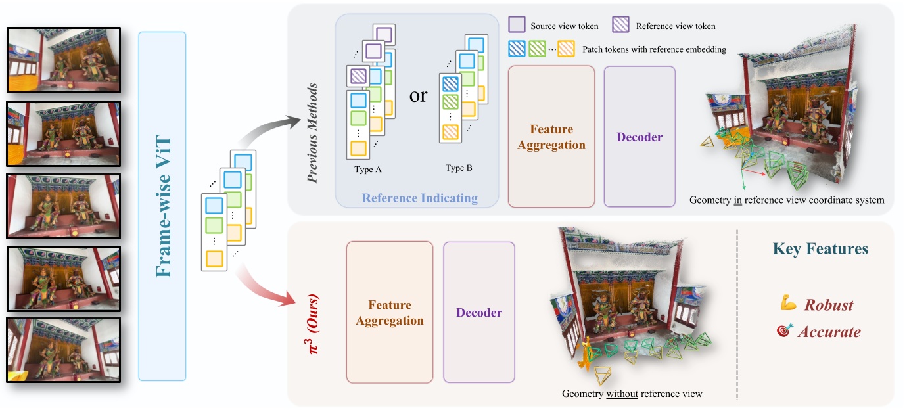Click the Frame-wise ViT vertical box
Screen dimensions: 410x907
162,206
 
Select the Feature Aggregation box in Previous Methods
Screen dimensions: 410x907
551,137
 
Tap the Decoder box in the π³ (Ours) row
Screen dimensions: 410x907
478,313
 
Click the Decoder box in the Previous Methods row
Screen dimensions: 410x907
639,137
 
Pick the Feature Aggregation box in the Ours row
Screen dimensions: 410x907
390,313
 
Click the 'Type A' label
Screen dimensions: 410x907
367,169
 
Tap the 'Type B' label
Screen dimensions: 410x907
459,168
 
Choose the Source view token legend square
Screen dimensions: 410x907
517,26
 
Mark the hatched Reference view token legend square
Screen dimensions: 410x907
622,26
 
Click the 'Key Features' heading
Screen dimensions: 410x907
820,249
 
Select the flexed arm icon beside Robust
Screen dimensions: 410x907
788,304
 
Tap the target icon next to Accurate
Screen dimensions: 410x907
785,331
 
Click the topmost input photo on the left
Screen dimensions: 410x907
64,59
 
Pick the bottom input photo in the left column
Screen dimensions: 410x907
64,350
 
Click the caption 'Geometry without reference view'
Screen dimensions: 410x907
632,394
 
